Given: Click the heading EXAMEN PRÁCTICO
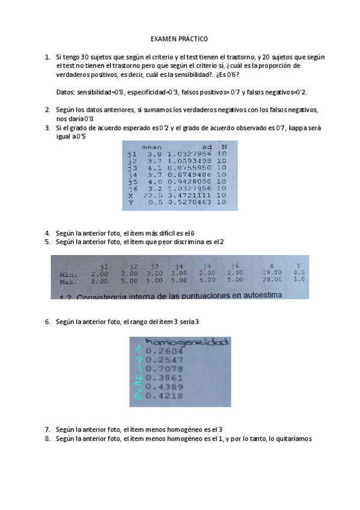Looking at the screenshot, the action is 179,38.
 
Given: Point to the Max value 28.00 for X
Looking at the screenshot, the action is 272,279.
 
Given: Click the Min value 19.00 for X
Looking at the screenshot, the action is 272,272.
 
